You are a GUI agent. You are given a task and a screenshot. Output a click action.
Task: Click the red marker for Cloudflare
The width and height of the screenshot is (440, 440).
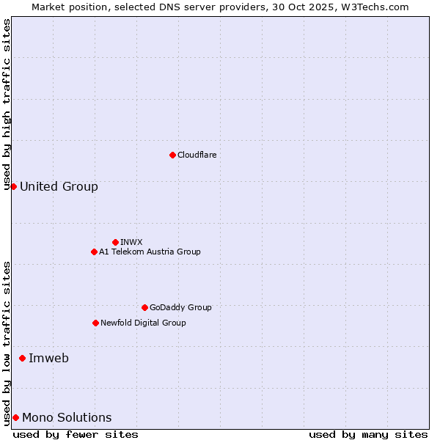172,155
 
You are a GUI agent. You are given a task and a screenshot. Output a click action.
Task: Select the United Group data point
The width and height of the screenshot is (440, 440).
13,186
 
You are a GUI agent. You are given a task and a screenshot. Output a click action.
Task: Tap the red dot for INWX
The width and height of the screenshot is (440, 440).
115,242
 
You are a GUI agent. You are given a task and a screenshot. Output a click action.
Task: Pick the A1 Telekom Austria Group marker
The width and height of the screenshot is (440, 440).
94,252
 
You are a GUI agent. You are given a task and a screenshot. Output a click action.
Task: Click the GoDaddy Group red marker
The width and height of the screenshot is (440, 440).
144,307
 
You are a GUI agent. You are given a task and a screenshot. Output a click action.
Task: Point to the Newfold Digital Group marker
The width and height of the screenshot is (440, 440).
95,323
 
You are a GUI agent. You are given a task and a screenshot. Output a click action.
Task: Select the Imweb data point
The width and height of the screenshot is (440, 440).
22,358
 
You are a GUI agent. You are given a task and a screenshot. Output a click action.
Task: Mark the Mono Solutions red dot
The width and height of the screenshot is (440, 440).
15,417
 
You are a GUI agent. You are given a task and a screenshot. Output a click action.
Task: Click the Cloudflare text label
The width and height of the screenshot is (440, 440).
197,155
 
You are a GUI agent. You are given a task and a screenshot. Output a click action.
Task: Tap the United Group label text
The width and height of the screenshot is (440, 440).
59,186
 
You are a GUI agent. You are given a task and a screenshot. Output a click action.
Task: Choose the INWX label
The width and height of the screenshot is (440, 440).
131,242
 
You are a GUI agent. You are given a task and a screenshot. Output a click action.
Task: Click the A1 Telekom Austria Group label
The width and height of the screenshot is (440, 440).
150,252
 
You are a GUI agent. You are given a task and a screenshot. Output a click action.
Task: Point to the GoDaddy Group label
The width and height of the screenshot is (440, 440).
180,307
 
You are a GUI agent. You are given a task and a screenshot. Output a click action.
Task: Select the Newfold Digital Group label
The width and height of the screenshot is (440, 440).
143,323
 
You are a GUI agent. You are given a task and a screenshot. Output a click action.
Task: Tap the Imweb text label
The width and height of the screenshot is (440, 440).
48,358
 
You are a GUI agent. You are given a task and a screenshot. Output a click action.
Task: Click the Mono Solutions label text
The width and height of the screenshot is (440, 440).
67,417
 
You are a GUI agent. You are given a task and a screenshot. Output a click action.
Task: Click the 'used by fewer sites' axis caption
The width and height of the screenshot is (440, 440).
76,434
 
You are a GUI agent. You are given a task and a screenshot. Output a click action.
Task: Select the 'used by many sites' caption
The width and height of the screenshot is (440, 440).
368,434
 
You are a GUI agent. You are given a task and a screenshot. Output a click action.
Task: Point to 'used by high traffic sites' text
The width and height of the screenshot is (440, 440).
7,104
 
